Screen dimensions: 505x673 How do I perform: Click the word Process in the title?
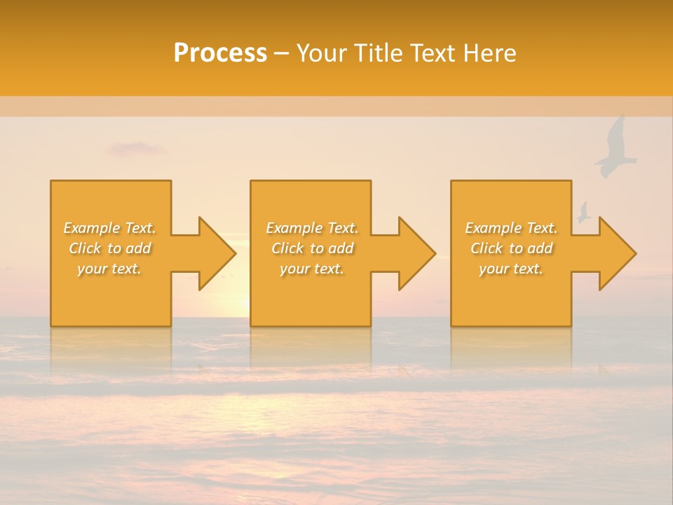point(220,53)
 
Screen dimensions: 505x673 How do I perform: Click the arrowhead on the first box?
point(215,253)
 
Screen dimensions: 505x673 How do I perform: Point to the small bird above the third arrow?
point(583,212)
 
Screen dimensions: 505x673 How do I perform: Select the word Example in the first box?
point(91,228)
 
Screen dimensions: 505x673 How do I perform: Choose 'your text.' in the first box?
point(109,269)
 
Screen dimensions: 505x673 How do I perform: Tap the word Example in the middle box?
point(294,228)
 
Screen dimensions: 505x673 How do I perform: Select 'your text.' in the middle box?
point(311,269)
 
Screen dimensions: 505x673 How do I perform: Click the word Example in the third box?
point(493,228)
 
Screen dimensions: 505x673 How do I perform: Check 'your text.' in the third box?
point(511,269)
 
